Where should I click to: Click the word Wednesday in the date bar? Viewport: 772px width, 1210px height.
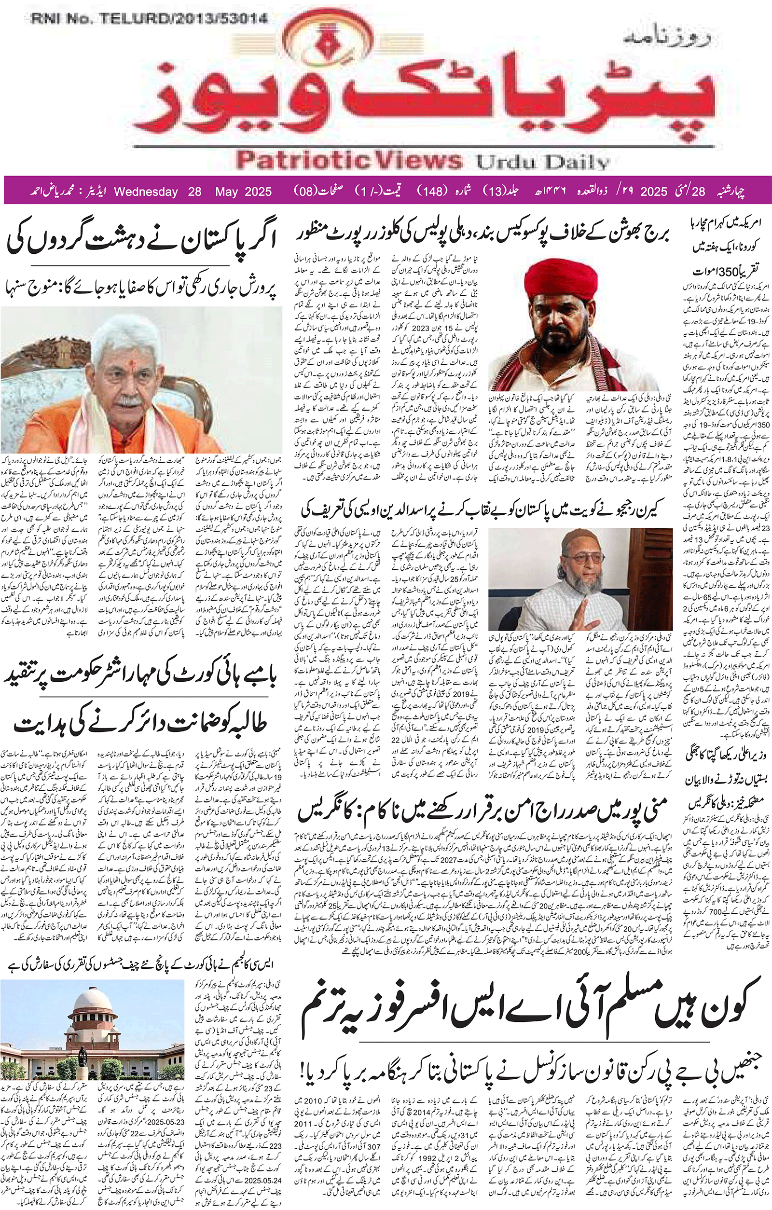(x=146, y=192)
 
